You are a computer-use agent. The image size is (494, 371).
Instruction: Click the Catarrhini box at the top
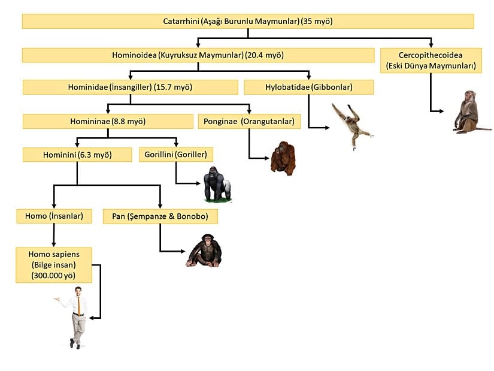point(248,21)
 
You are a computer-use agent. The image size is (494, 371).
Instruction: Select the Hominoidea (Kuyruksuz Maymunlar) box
point(198,55)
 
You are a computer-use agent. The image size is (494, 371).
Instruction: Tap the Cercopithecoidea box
point(431,61)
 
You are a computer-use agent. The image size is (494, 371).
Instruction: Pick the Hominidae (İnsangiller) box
point(130,88)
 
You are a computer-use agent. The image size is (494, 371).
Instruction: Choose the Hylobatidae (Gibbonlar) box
point(308,88)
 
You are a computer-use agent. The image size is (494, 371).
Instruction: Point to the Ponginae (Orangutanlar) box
point(248,122)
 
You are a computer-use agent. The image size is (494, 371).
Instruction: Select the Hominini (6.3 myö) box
point(77,155)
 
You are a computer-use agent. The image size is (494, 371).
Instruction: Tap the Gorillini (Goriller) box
point(175,155)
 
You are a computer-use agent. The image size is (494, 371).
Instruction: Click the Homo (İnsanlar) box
point(54,216)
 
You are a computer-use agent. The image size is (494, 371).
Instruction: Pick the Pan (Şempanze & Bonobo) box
point(160,216)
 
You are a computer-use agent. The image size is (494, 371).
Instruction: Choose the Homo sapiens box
point(54,264)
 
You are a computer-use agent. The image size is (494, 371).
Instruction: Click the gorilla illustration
point(216,185)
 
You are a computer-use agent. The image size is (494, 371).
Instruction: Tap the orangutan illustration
point(283,157)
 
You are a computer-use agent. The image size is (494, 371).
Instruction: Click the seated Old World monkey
point(468,112)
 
